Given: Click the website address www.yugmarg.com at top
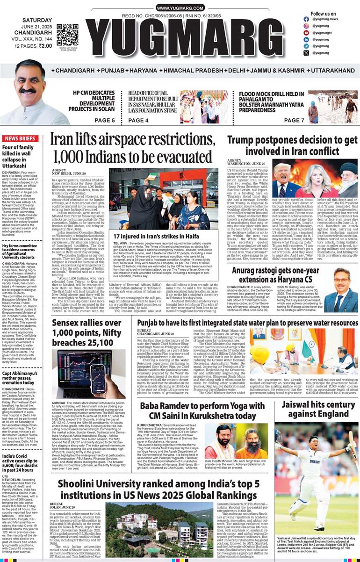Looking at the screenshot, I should point(180,8).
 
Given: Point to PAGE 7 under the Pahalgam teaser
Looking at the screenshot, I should point(294,121).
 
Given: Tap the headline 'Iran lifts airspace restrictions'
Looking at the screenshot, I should point(133,147).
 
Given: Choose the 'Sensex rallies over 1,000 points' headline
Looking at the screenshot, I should point(87,332).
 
